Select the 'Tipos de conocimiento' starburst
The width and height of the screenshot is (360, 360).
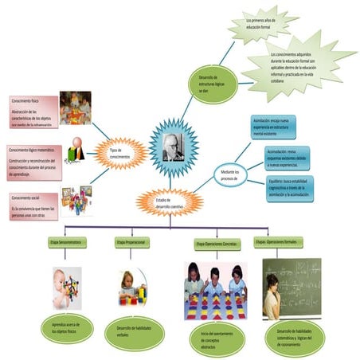(x=119, y=154)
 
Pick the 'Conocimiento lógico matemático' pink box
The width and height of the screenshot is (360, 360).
(x=33, y=162)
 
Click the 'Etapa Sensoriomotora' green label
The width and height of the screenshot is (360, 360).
(x=68, y=241)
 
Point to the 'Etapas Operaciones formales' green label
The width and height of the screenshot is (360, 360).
(x=282, y=241)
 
